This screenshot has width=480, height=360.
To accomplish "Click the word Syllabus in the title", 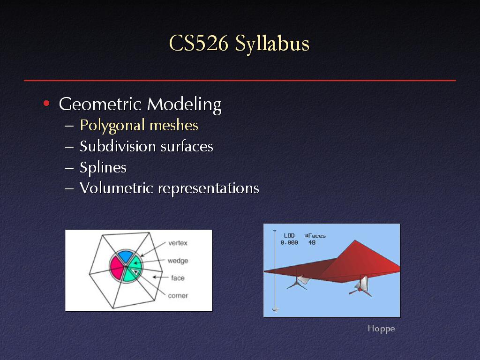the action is [272, 44].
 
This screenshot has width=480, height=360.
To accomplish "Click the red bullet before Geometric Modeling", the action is [46, 103].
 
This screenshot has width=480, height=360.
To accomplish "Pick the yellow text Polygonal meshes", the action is [139, 126].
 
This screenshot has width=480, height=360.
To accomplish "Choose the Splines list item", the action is [103, 167].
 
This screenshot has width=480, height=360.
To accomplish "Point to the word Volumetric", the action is [116, 187].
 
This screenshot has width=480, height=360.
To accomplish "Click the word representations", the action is [209, 188].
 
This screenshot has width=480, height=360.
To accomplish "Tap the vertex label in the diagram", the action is [178, 243].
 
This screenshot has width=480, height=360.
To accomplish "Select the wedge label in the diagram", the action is [178, 261].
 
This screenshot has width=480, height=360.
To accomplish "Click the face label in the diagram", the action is [178, 278].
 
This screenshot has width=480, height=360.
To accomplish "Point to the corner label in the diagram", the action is [178, 296].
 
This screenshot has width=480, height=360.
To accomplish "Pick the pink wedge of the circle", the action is [117, 268].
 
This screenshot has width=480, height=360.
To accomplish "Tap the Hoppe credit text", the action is [381, 329].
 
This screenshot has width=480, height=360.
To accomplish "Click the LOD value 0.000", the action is [289, 242].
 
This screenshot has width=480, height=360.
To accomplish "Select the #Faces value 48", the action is [312, 242].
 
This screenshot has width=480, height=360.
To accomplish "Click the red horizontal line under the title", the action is [240, 80].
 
